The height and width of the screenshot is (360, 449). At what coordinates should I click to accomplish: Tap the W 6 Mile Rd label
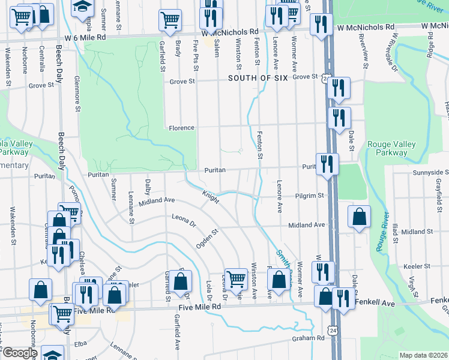point(85,37)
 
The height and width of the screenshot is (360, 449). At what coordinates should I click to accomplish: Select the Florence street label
point(181,128)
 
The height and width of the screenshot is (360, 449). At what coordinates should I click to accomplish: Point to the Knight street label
point(210,196)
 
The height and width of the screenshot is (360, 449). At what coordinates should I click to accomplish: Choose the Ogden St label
point(206,239)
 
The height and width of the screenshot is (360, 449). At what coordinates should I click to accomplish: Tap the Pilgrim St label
point(310,196)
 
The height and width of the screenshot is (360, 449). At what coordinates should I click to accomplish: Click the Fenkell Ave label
point(378,304)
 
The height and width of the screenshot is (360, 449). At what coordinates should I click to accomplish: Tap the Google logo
point(19,353)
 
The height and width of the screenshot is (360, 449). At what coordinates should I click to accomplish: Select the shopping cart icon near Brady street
point(170,20)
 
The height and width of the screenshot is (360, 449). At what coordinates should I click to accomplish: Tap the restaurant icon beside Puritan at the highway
point(327,164)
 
